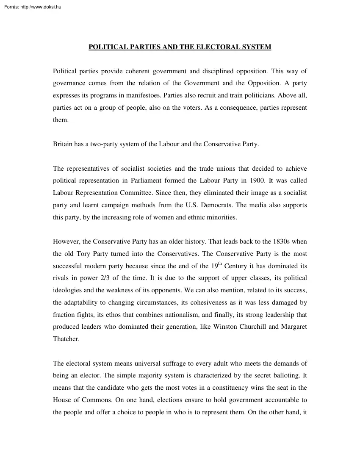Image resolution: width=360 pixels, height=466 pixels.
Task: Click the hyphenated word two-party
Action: (x=100, y=144)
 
